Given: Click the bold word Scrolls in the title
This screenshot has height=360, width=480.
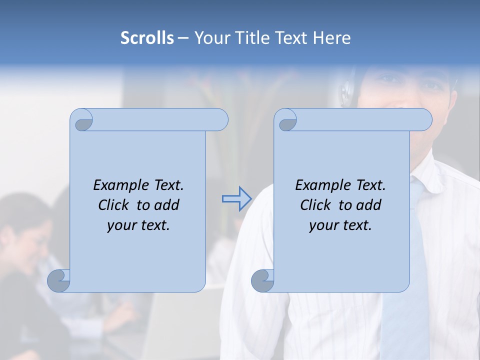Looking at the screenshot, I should click(147, 38).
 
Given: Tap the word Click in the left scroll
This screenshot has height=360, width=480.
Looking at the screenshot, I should click(115, 205).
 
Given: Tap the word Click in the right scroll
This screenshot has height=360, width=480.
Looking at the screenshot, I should click(317, 205).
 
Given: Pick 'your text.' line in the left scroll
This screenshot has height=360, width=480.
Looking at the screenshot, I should click(138, 225).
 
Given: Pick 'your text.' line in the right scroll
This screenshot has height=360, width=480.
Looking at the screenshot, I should click(340, 225).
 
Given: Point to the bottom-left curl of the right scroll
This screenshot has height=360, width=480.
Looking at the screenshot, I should click(262, 280).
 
